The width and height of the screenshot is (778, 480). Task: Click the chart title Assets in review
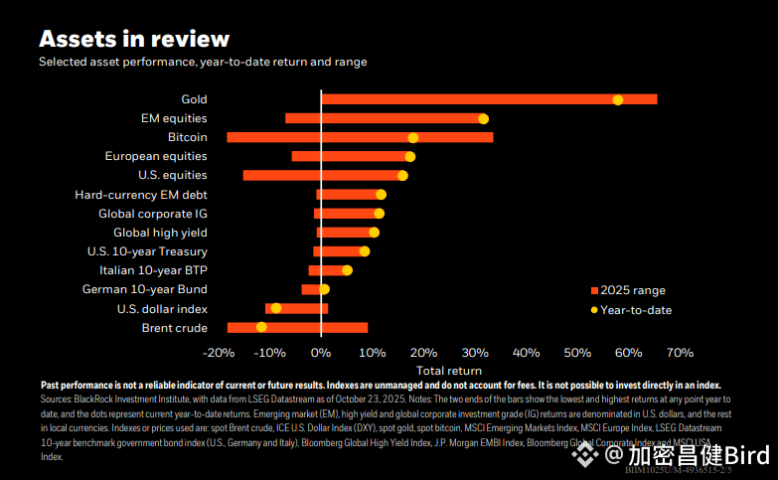pyautogui.click(x=134, y=39)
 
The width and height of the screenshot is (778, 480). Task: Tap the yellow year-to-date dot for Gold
pyautogui.click(x=618, y=99)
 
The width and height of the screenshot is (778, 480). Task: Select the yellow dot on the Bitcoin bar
pyautogui.click(x=413, y=137)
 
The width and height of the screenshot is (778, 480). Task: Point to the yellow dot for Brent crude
pyautogui.click(x=261, y=327)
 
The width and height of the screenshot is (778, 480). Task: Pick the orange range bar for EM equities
pyautogui.click(x=387, y=118)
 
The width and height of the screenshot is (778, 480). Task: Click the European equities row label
pyautogui.click(x=156, y=156)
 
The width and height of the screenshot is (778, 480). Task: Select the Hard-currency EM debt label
pyautogui.click(x=141, y=195)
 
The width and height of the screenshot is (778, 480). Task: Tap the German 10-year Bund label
pyautogui.click(x=144, y=289)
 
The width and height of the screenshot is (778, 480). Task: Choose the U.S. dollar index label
pyautogui.click(x=159, y=308)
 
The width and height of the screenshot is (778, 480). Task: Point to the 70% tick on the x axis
pyautogui.click(x=680, y=353)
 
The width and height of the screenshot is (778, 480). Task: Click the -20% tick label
pyautogui.click(x=218, y=353)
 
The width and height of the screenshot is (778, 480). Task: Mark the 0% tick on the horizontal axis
pyautogui.click(x=320, y=353)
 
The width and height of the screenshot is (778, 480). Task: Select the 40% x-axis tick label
pyautogui.click(x=526, y=353)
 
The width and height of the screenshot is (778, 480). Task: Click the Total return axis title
pyautogui.click(x=449, y=371)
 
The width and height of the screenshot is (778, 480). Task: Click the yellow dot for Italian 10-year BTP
pyautogui.click(x=347, y=270)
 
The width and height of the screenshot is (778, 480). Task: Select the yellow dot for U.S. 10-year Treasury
pyautogui.click(x=365, y=251)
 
